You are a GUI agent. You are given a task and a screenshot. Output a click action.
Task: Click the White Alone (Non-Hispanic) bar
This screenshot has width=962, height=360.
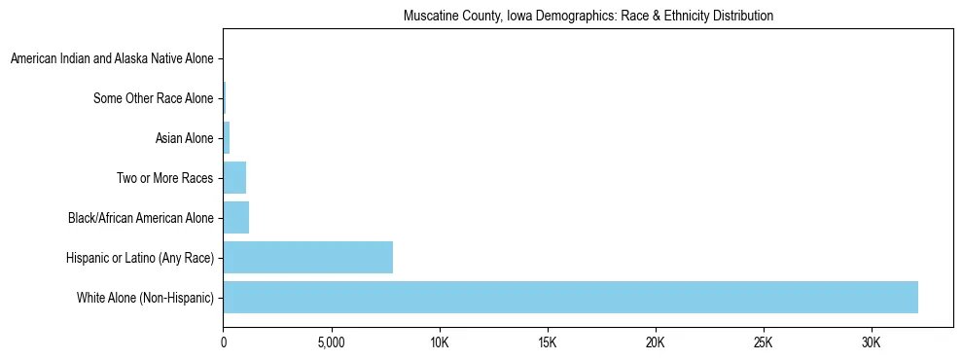(570, 297)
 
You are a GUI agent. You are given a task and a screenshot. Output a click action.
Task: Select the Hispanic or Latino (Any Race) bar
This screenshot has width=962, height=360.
(307, 257)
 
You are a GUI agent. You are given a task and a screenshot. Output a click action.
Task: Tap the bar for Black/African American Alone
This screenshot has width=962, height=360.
(235, 218)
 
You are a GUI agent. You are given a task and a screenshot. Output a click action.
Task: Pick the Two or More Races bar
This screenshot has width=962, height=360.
(234, 178)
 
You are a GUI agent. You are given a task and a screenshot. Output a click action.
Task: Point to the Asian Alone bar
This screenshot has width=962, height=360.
(227, 138)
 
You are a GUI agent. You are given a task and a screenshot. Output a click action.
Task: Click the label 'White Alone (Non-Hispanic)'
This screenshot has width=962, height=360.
(144, 297)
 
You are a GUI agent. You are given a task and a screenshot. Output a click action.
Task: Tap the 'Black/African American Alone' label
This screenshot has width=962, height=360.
(140, 218)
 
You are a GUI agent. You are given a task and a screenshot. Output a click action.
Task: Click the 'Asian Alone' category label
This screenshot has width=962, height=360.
(184, 138)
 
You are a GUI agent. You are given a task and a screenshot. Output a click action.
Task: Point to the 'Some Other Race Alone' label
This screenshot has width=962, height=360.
(153, 98)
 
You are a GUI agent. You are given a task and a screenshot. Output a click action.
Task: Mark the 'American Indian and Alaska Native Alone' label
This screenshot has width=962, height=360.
(112, 59)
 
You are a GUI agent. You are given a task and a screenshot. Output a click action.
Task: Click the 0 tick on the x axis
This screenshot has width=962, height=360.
(224, 342)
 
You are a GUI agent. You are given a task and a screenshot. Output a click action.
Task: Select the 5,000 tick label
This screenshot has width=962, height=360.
(332, 342)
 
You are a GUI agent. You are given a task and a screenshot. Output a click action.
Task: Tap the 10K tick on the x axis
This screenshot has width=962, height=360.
(440, 342)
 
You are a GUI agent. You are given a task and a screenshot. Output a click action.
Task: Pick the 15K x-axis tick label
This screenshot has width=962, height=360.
(548, 342)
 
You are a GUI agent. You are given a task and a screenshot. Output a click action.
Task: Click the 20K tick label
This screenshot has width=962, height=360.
(656, 342)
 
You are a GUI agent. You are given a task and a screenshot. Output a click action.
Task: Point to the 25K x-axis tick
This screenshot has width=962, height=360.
(763, 342)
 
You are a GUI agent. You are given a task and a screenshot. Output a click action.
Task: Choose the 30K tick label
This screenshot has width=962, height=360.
(871, 342)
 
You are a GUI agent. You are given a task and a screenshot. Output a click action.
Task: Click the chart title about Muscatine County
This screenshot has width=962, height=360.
(588, 16)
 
